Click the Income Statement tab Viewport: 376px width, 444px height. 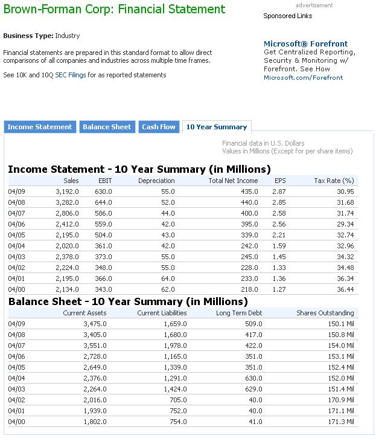(40, 127)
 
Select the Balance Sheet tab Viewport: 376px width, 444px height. (106, 127)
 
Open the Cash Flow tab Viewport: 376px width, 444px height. (159, 127)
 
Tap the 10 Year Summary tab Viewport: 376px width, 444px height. (217, 127)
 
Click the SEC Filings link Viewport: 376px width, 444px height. (71, 75)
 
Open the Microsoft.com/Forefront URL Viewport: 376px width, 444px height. (303, 77)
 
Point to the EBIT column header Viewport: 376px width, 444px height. (105, 181)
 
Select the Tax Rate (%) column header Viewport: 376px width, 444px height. (334, 181)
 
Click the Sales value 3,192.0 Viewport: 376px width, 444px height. (67, 191)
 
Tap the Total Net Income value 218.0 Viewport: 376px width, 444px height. (247, 289)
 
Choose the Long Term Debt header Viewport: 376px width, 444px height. (239, 313)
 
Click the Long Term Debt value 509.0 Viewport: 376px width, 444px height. (253, 324)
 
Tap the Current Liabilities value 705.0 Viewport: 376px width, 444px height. (177, 400)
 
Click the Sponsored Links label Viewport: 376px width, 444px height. (288, 16)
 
